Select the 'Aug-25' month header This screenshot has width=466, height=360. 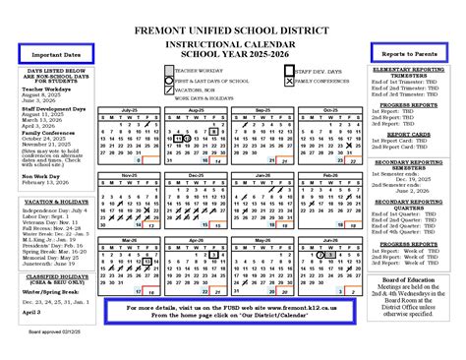click(195, 110)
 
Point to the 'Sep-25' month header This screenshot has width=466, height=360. click(262, 110)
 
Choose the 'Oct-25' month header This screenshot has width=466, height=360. click(328, 110)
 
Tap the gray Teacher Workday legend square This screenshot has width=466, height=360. click(168, 71)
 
